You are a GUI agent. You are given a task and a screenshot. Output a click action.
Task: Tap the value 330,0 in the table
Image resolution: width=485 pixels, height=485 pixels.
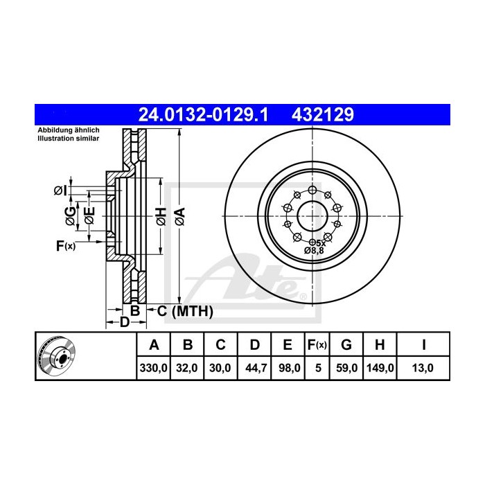click(x=154, y=368)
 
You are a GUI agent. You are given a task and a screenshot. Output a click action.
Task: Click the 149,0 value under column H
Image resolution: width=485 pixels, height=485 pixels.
click(x=380, y=368)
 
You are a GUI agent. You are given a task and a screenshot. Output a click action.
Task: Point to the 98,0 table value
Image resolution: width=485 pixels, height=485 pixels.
click(x=286, y=368)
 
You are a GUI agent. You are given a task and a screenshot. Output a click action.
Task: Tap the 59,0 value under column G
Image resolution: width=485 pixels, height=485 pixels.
click(x=348, y=368)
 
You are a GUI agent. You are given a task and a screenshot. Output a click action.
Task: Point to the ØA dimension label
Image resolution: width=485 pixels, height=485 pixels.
click(x=179, y=215)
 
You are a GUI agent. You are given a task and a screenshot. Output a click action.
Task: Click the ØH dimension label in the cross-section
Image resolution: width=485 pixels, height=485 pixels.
click(x=159, y=215)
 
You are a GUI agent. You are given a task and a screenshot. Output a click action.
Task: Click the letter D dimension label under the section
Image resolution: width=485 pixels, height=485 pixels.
click(x=123, y=322)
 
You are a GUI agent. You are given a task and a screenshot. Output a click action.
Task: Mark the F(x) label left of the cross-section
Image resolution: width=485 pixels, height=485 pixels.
click(x=65, y=245)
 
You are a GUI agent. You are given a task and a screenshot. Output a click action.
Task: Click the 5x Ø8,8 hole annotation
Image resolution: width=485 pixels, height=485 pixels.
click(x=315, y=247)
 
